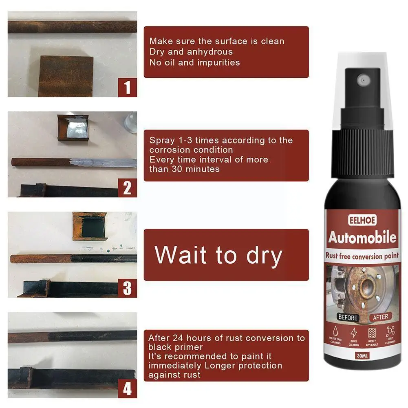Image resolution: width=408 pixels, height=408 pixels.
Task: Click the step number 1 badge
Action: (x=128, y=87)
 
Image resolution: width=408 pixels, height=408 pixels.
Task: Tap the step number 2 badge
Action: (x=128, y=188)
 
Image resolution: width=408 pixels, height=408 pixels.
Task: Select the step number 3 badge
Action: (x=128, y=288)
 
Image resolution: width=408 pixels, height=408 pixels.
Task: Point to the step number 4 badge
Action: (x=128, y=388)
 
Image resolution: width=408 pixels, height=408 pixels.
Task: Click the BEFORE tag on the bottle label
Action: (x=348, y=317)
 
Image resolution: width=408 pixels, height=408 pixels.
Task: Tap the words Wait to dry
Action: (x=218, y=255)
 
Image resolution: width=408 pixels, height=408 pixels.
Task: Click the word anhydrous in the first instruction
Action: (x=210, y=52)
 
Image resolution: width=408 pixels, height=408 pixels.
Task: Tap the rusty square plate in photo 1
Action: (x=66, y=76)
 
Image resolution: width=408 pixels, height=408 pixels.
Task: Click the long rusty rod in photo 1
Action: (x=72, y=27)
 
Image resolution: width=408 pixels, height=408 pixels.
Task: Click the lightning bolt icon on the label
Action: (x=353, y=332)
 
